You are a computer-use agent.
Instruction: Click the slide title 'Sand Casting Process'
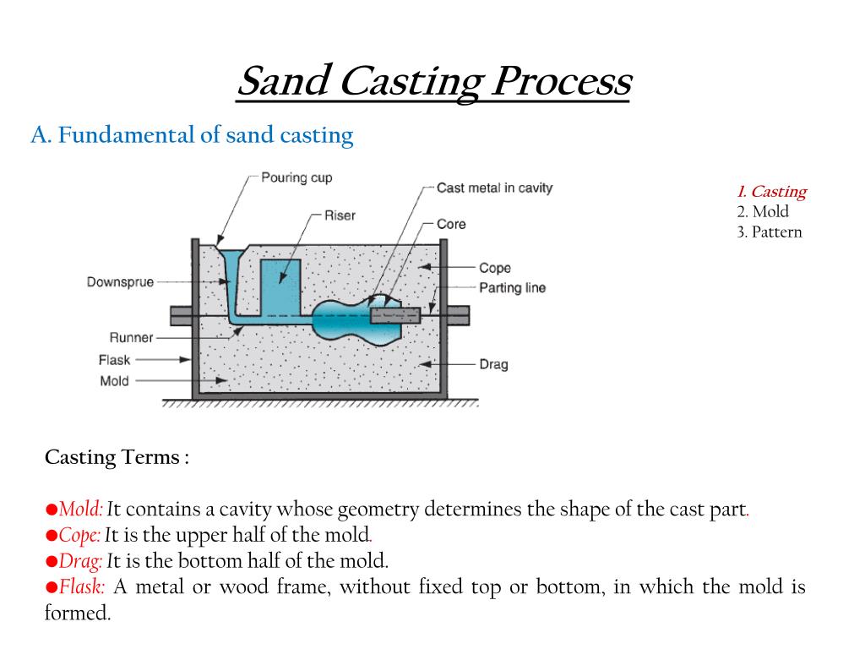pos(433,83)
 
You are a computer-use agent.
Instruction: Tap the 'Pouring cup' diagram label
pos(296,178)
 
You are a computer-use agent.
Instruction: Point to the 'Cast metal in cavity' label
pos(494,188)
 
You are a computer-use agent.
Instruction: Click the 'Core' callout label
pos(451,224)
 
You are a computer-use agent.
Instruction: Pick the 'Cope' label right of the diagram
pos(494,268)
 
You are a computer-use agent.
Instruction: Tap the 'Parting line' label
pos(512,288)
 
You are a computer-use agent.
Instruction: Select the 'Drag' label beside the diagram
pos(493,364)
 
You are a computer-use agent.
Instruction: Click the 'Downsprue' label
pos(120,282)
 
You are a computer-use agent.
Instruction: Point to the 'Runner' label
pos(131,338)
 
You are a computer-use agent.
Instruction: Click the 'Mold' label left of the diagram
pos(114,381)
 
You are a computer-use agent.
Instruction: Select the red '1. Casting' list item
pos(770,192)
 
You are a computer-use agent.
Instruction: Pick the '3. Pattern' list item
pos(769,232)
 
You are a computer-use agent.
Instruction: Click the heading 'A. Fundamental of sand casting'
pos(192,135)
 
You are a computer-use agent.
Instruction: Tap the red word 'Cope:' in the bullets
pos(80,535)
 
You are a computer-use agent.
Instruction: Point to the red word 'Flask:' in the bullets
pos(83,587)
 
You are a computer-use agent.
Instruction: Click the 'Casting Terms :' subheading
pos(117,458)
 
